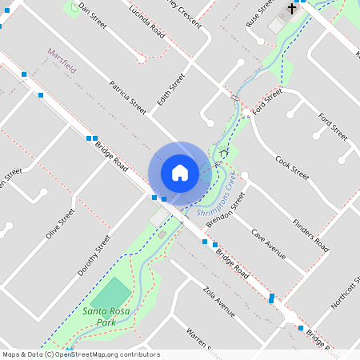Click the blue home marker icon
coord(180,172)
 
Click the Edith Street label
coord(170,89)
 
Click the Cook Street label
coord(291,168)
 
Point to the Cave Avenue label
coord(268,244)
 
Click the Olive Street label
coord(60,223)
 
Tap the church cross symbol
coord(292,9)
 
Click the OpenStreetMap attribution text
coord(81,354)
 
